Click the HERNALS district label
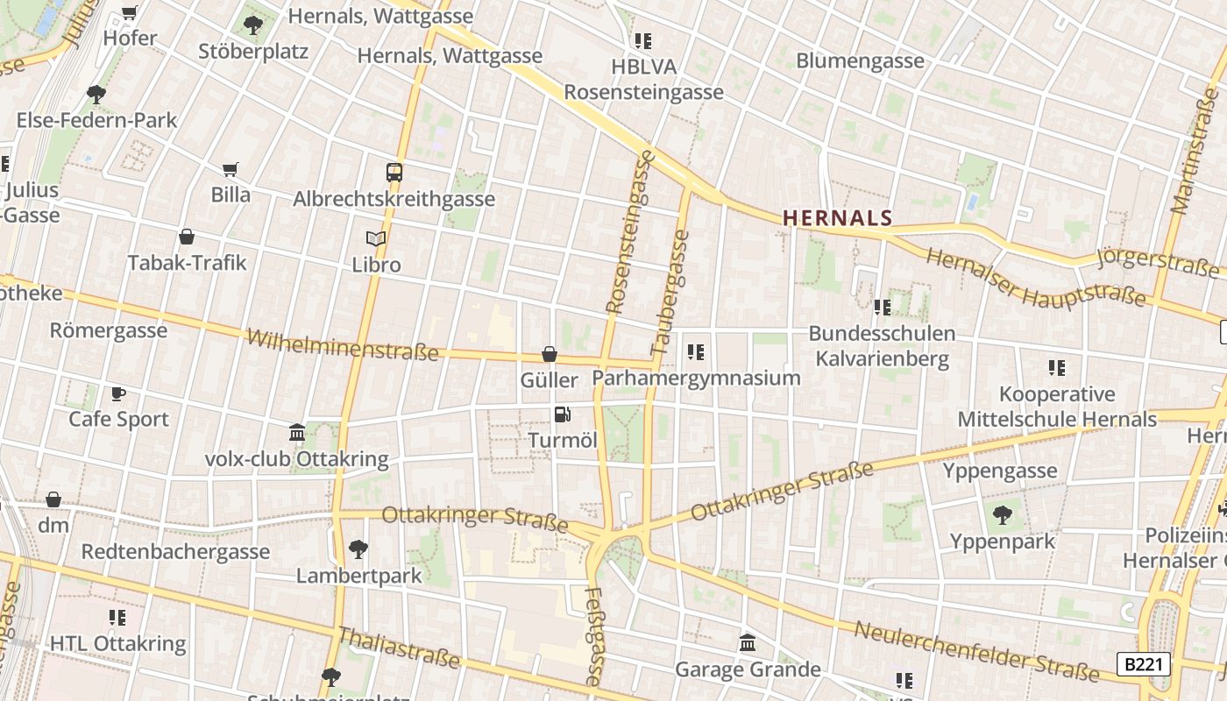(x=837, y=218)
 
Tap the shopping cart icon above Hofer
(x=130, y=13)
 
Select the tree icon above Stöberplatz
(x=253, y=25)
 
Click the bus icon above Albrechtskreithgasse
(x=394, y=173)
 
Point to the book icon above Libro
(x=376, y=238)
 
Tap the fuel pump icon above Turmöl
(x=563, y=414)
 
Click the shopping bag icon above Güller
(x=550, y=354)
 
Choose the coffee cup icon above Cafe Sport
(x=118, y=393)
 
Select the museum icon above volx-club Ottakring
(x=297, y=433)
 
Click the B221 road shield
(x=1144, y=664)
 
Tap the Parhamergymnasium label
(x=697, y=378)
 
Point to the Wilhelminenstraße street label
(x=343, y=344)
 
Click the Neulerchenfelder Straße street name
(x=976, y=651)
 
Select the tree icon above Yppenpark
(x=1003, y=516)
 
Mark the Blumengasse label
(x=860, y=60)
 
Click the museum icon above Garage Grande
(x=748, y=644)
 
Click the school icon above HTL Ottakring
(x=117, y=618)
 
